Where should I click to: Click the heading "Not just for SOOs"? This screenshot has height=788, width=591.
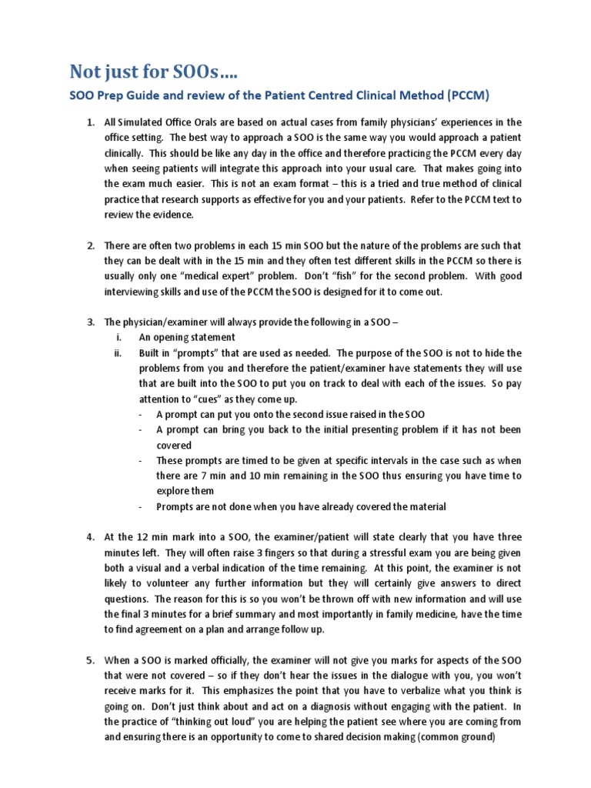[154, 72]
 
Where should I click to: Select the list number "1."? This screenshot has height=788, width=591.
[90, 122]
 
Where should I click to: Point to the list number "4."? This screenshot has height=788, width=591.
[90, 536]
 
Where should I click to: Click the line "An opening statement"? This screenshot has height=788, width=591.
[187, 337]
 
